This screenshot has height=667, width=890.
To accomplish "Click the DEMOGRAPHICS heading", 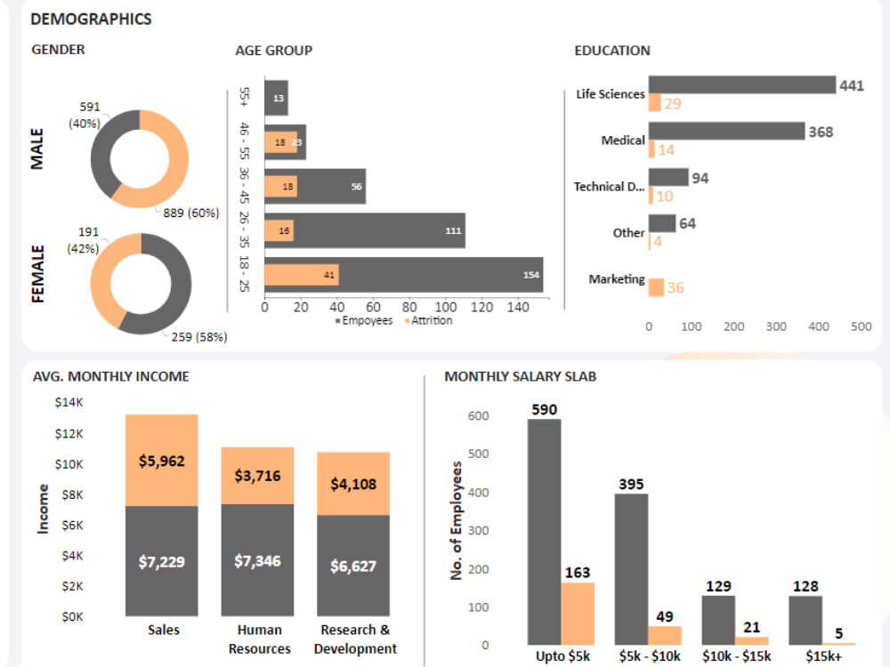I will [x=91, y=19].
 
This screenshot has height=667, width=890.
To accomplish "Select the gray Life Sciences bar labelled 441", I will [x=741, y=84].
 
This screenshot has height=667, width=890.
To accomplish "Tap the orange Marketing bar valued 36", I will [x=656, y=287].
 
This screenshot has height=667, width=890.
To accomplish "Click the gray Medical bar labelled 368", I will [x=726, y=132].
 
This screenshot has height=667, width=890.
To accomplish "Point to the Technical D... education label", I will [x=609, y=187].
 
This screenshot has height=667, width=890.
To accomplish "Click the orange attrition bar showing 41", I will [x=302, y=275].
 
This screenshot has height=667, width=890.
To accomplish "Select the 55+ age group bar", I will [x=276, y=97].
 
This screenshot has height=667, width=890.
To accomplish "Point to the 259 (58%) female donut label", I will [x=199, y=337].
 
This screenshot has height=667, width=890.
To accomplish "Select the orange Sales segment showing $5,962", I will [x=162, y=460].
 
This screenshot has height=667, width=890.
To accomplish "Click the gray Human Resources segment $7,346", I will [x=257, y=560].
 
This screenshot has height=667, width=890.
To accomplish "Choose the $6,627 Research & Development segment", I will [x=353, y=565].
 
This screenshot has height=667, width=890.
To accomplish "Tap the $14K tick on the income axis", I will [x=69, y=403].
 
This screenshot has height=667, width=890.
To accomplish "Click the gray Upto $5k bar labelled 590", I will [x=544, y=532].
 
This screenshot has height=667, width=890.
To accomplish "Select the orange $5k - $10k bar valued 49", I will [x=664, y=635].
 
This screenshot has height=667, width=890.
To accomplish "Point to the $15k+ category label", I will [x=823, y=656].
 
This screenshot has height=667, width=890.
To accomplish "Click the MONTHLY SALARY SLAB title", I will [x=521, y=376].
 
